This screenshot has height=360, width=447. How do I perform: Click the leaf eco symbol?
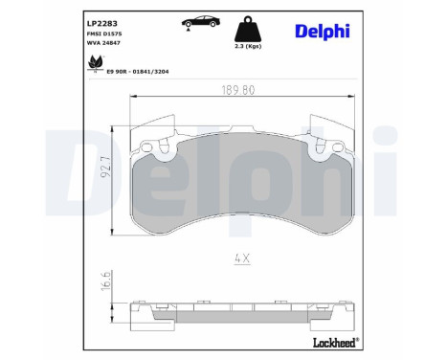[95, 64]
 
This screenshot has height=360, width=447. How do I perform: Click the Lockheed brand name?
[333, 341]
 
